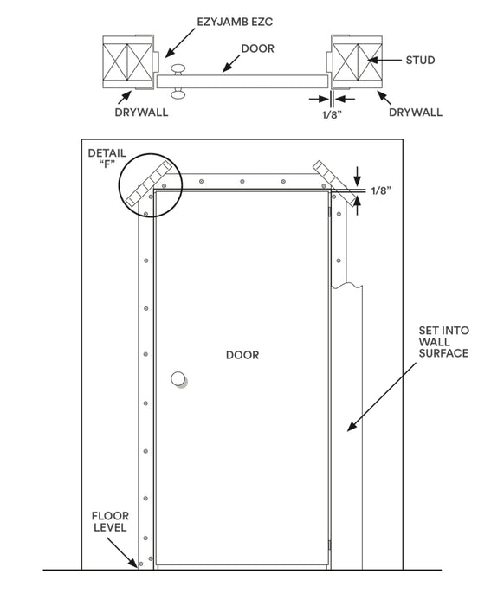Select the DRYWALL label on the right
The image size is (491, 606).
pyautogui.click(x=416, y=112)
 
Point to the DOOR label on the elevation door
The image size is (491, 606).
pyautogui.click(x=242, y=355)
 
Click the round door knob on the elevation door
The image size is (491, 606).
pyautogui.click(x=179, y=379)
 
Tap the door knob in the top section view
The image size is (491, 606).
pyautogui.click(x=179, y=80)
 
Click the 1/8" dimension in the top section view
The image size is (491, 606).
pyautogui.click(x=329, y=113)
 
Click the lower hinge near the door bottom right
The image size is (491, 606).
pyautogui.click(x=330, y=544)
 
